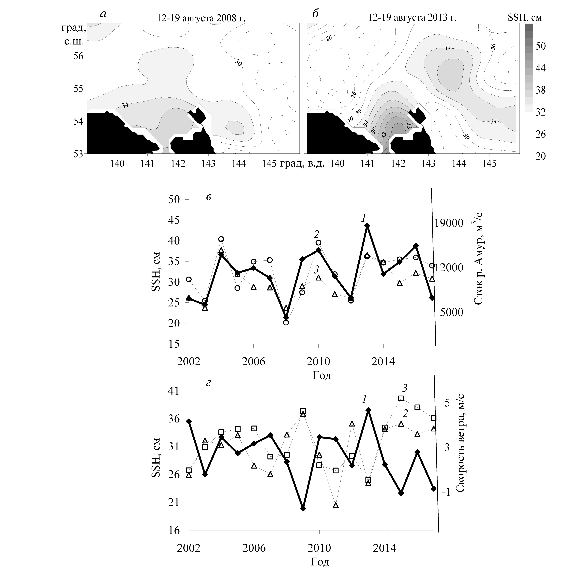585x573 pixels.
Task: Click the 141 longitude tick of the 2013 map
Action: tap(367, 163)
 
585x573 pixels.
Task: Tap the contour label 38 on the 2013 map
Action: tap(374, 130)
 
